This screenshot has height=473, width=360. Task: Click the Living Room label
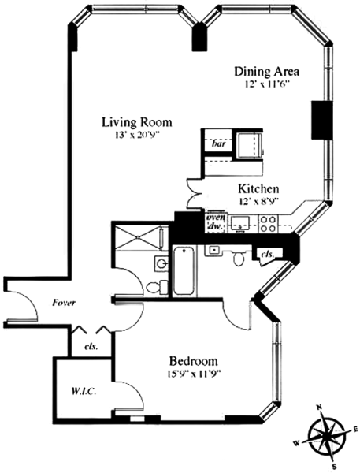[x=137, y=122]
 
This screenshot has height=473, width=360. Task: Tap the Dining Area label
[x=267, y=72]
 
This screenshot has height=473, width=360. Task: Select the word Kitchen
[x=258, y=189]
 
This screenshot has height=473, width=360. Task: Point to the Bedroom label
[x=193, y=361]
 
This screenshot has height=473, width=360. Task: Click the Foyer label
[x=64, y=303]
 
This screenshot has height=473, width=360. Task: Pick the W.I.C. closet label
[x=84, y=392]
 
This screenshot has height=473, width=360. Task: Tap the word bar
[x=219, y=143]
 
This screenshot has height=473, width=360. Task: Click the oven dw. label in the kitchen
[x=216, y=222]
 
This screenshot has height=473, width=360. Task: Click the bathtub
[x=184, y=271]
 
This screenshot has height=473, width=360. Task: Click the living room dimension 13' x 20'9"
[x=135, y=134]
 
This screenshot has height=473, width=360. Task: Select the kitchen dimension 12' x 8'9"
[x=258, y=200]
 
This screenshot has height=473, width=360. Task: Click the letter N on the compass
[x=318, y=408]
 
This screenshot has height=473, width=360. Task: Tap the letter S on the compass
[x=334, y=467]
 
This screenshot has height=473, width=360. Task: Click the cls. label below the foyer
[x=91, y=347]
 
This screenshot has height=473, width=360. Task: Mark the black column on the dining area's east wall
[x=321, y=120]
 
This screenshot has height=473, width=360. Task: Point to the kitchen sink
[x=240, y=223]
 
